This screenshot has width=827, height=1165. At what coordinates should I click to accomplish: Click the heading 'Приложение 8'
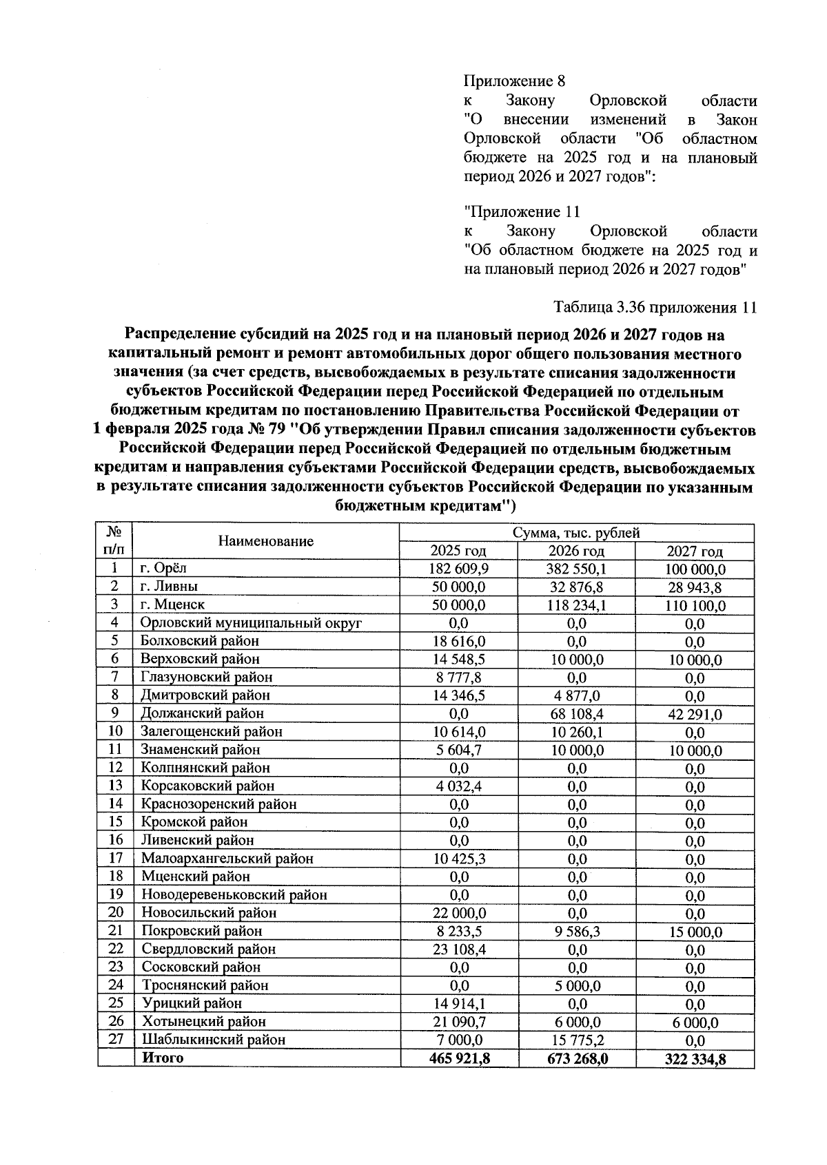[515, 81]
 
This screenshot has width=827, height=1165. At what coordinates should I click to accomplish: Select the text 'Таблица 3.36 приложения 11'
[655, 307]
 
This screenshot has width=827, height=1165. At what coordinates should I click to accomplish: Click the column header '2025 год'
[458, 551]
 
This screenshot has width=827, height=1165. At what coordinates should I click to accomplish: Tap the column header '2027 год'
[695, 552]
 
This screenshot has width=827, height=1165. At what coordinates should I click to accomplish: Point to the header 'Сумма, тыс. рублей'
[576, 533]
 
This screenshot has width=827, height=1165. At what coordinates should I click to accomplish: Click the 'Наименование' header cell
[266, 541]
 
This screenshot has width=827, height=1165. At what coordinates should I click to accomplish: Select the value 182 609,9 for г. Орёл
[458, 569]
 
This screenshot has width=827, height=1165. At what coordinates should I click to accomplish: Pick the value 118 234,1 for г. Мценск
[576, 605]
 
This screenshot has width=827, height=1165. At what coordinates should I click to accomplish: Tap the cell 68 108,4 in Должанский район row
[576, 714]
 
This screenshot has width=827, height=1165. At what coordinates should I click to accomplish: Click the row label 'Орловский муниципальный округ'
[252, 623]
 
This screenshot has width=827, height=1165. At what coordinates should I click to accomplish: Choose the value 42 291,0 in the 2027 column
[695, 715]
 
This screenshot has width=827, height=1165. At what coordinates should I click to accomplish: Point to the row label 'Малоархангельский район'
[227, 859]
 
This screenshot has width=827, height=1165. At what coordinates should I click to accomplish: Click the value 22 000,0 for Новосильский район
[458, 913]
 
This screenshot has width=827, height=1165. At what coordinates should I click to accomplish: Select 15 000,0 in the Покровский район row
[695, 932]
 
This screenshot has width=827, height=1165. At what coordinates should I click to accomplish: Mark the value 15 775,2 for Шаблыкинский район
[576, 1040]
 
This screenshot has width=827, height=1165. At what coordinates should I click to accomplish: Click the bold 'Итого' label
[163, 1058]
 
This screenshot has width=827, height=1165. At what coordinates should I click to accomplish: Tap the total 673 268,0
[576, 1058]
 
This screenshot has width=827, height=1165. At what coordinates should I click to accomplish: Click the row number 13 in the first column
[115, 786]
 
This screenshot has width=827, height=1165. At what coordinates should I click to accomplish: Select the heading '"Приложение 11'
[522, 212]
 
